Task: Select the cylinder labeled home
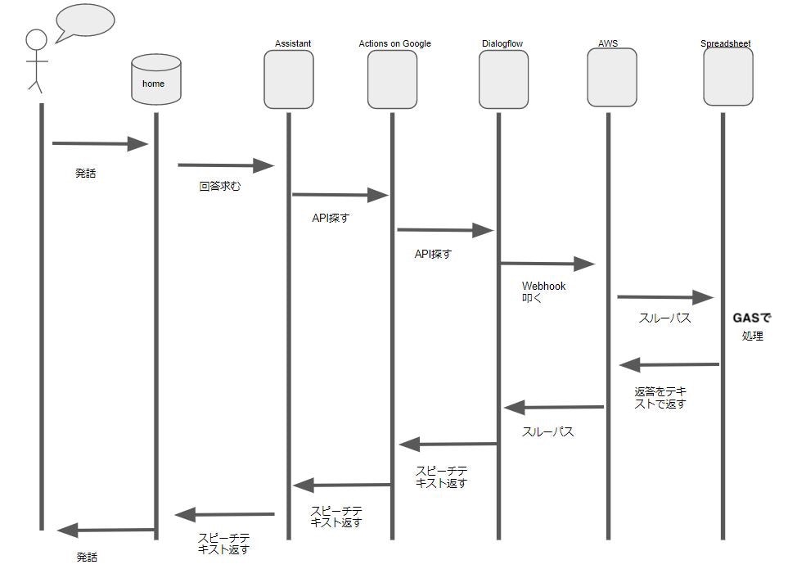click(155, 79)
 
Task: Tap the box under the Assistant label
click(288, 79)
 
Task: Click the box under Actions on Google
click(392, 79)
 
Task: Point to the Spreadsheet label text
click(725, 43)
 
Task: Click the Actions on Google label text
click(394, 43)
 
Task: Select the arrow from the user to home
click(99, 144)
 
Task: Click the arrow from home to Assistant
click(225, 165)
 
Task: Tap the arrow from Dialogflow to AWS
click(547, 264)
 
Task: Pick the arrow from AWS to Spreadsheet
click(665, 297)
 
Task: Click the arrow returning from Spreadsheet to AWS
click(669, 364)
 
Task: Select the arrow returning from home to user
click(106, 531)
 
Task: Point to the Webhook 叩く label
click(543, 292)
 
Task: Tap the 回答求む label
click(220, 187)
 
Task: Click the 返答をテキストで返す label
click(660, 398)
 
